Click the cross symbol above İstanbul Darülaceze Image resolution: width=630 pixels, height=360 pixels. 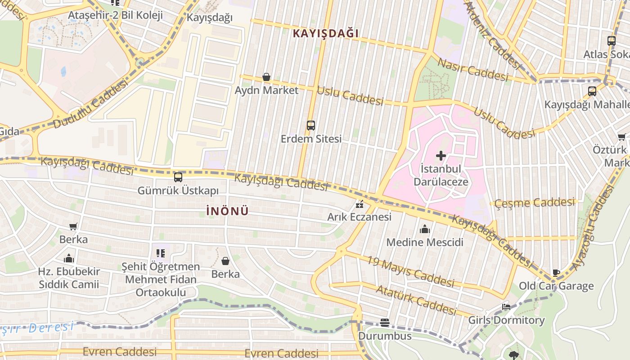[x=441, y=156]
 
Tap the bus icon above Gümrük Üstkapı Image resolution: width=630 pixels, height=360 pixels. [x=178, y=177]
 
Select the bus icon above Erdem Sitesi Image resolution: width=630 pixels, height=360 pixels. [x=310, y=126]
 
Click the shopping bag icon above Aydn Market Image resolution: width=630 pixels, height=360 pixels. [x=266, y=77]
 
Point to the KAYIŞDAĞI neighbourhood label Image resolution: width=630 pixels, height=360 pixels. [x=326, y=33]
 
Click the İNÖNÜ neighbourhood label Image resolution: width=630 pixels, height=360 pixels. [x=227, y=211]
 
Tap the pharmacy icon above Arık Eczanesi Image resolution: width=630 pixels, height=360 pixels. [x=359, y=204]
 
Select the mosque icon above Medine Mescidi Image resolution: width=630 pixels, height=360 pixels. [x=425, y=229]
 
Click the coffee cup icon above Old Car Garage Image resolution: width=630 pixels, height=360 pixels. [x=556, y=273]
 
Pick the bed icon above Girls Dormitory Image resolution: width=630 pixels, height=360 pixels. [x=506, y=307]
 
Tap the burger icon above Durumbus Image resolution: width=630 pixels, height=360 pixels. [x=384, y=323]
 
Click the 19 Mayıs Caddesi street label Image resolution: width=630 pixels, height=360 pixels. [x=410, y=271]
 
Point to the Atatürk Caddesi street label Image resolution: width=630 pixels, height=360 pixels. [x=416, y=300]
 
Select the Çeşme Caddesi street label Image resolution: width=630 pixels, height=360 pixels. [x=535, y=203]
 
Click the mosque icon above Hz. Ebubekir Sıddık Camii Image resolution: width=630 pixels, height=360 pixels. [x=69, y=259]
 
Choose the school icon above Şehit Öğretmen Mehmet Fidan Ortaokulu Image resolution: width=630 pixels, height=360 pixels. [x=160, y=253]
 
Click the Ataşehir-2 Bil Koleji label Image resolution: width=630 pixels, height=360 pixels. [x=115, y=15]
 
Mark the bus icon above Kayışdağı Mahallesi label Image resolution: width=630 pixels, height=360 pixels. [x=592, y=91]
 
